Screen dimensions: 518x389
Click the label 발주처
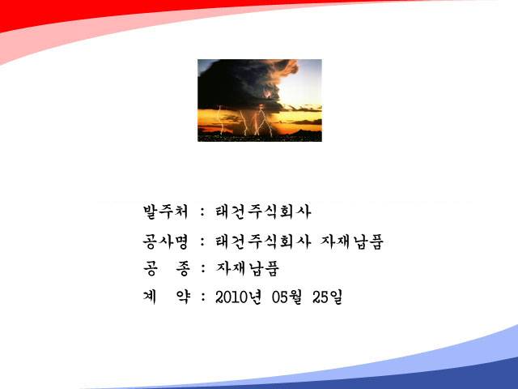point(165,212)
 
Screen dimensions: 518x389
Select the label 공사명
point(165,242)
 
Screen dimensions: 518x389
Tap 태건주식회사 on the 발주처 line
point(263,212)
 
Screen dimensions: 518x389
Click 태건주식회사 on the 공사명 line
point(263,242)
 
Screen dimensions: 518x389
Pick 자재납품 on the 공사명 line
point(352,242)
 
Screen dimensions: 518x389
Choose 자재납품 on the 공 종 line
point(248,268)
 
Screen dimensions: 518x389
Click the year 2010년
point(238,297)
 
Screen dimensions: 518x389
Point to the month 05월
point(287,297)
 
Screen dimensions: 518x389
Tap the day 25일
point(327,297)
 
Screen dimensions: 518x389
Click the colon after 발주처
point(203,212)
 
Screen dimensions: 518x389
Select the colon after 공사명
point(203,242)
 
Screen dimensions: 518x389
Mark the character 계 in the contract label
point(150,297)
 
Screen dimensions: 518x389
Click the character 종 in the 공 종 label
point(183,268)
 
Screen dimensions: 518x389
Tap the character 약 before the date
point(183,297)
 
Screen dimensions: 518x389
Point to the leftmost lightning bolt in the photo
point(221,120)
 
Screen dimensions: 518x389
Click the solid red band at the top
point(99,10)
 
